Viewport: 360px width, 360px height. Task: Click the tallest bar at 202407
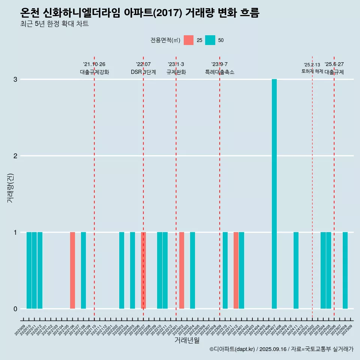[x=274, y=193]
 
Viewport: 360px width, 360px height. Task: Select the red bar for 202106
[x=73, y=270]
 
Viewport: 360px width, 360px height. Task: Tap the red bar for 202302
[x=181, y=270]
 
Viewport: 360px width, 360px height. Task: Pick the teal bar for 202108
[x=84, y=270]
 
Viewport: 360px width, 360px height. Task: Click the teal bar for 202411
[x=296, y=270]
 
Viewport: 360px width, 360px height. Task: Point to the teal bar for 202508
[x=345, y=270]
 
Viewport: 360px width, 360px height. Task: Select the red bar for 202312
[x=236, y=270]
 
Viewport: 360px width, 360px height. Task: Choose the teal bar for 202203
[x=121, y=270]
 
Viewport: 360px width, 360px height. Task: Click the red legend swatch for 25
[x=189, y=40]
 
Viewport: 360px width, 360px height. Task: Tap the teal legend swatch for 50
[x=210, y=40]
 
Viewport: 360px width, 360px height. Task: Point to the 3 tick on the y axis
[x=15, y=79]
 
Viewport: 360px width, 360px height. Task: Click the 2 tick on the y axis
[x=15, y=156]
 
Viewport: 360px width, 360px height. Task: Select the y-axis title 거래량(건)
[x=10, y=187]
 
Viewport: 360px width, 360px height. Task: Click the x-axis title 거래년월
[x=187, y=340]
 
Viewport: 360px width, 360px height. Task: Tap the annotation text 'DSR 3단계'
[x=143, y=72]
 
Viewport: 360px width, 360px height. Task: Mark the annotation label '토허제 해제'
[x=312, y=71]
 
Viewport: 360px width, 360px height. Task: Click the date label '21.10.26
[x=94, y=64]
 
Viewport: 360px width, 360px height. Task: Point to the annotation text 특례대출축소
[x=220, y=72]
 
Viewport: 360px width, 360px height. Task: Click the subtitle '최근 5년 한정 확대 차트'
[x=55, y=24]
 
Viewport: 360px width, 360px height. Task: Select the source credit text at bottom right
[x=281, y=349]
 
